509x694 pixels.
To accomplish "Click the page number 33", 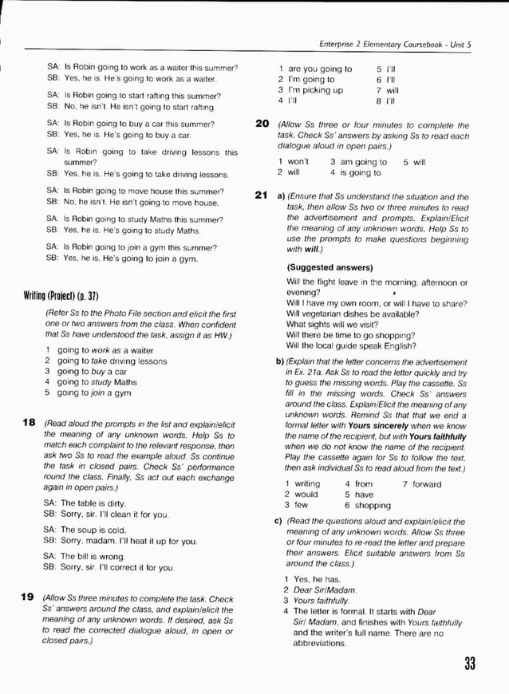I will coord(468,663).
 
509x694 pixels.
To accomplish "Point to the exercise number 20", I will coord(261,124).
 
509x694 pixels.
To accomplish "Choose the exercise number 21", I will coord(261,196).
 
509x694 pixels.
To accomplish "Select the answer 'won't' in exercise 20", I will coord(298,162).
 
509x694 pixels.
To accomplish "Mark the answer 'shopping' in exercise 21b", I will coord(373,505).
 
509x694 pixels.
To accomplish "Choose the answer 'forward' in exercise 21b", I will coord(426,484).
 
